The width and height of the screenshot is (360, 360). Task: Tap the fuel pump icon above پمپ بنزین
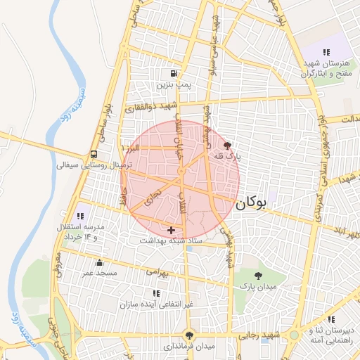(173, 73)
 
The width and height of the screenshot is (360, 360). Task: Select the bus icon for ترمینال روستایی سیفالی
(94, 155)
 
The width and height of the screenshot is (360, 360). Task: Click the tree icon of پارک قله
(226, 146)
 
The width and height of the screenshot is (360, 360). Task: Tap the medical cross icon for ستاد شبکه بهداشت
(171, 230)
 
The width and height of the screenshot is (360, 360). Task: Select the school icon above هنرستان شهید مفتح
(326, 52)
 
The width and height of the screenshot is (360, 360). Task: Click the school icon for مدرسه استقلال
(79, 215)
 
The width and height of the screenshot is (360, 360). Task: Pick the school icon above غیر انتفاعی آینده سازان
(155, 293)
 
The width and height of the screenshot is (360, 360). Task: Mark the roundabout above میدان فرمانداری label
(188, 335)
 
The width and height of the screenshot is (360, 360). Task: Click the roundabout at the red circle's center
(181, 172)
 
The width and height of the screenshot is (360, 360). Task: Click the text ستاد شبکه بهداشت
(171, 240)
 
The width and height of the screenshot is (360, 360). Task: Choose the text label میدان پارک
(259, 287)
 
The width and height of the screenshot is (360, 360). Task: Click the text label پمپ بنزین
(173, 84)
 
